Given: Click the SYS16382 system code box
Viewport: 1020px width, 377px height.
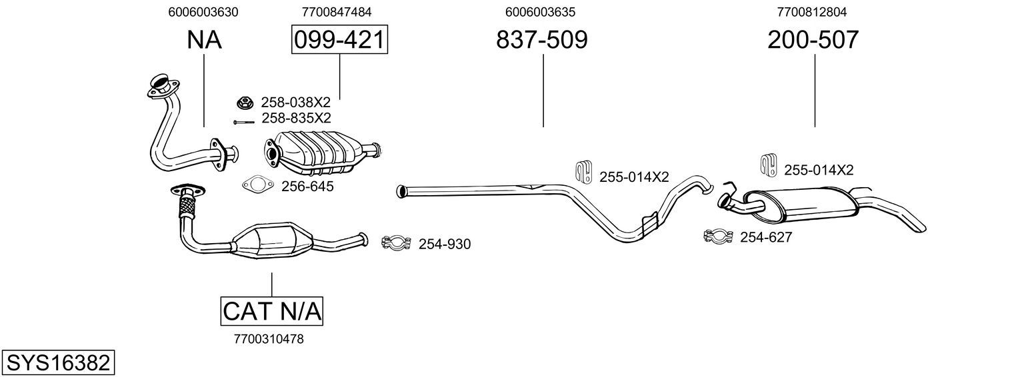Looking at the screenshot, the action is point(58,362).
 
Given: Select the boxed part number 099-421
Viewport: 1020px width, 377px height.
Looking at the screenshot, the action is point(340,39).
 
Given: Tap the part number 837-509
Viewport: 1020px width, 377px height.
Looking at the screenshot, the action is point(542,39).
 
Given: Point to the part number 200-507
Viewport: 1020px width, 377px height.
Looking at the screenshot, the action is point(813,39).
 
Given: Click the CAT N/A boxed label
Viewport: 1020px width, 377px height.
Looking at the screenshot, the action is point(272,311).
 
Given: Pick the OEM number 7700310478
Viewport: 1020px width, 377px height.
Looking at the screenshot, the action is point(269,339).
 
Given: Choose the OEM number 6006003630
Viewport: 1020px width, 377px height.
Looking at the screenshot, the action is point(203,12).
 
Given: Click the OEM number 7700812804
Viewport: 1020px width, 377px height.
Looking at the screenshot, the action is point(812,12).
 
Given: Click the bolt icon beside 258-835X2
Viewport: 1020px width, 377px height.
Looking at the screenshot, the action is point(243,123).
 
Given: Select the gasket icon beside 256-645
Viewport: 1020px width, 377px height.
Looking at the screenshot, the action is point(257,185).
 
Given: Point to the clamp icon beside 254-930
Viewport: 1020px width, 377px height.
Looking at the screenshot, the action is point(397,243).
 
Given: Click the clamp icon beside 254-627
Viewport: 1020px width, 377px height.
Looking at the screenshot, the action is point(719,236).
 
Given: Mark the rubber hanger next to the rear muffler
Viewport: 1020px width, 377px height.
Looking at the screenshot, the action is point(769,165).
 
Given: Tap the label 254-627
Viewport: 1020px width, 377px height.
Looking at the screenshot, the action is point(766,237).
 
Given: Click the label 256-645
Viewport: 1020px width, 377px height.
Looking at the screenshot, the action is point(307,187).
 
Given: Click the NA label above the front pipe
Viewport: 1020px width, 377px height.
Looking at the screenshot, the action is point(204,40).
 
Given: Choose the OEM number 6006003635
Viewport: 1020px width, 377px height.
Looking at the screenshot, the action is point(540,12).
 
